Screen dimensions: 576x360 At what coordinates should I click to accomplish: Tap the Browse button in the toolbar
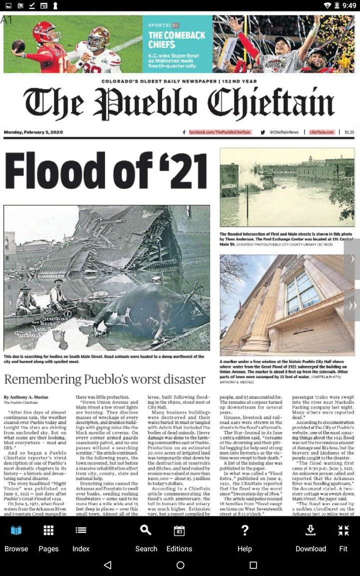(x=16, y=537)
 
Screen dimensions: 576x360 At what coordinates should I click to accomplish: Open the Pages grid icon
(x=48, y=537)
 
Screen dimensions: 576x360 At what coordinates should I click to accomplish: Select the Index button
(x=80, y=537)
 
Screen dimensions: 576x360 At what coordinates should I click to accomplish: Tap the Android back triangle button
(x=107, y=565)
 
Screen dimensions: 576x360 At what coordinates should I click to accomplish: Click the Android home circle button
(x=180, y=565)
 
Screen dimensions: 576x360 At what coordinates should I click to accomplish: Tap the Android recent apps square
(x=253, y=565)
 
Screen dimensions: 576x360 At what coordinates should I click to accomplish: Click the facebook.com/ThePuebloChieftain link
(x=219, y=132)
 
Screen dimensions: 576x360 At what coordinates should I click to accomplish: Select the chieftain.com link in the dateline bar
(x=321, y=132)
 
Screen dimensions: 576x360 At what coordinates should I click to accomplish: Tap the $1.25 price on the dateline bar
(x=349, y=132)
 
